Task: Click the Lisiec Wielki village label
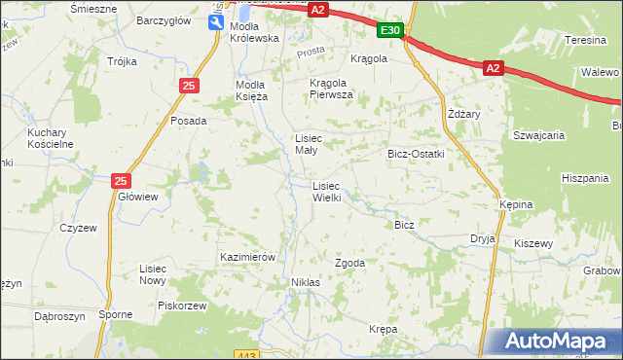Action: click(325, 191)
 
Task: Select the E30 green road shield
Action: click(390, 31)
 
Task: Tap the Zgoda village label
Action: click(349, 263)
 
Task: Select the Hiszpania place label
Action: click(584, 178)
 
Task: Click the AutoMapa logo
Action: click(558, 341)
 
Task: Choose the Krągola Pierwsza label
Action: click(331, 89)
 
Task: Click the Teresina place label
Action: click(586, 41)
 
